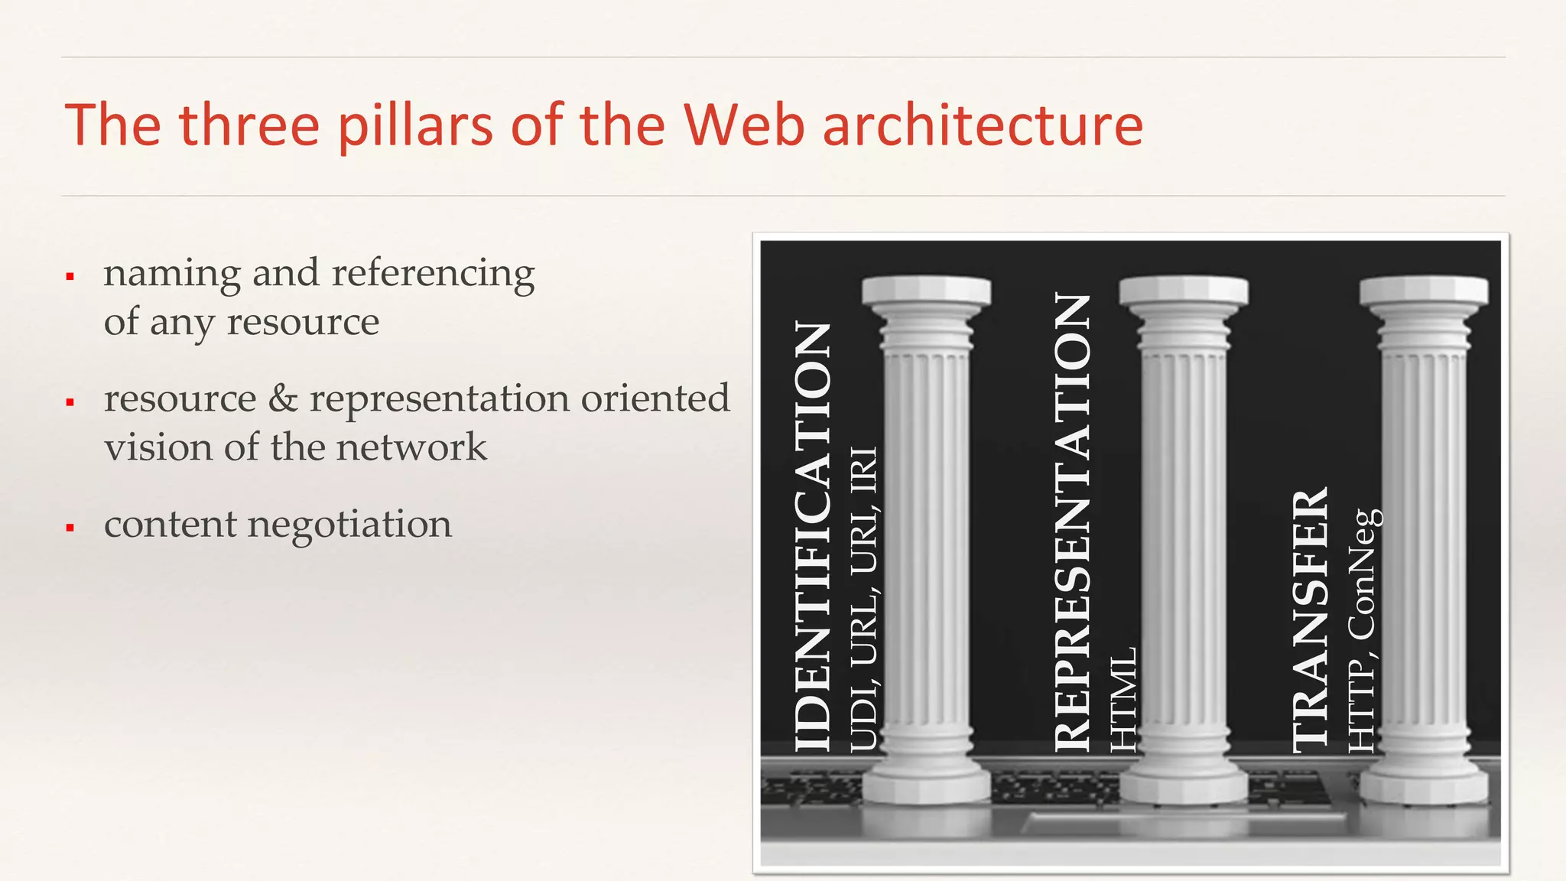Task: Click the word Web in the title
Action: [744, 125]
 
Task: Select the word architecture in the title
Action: [983, 125]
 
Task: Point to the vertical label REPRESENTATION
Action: [1072, 522]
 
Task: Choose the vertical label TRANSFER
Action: [1311, 620]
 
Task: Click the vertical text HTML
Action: [1123, 700]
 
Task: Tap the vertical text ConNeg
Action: [1363, 574]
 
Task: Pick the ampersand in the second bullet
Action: [283, 398]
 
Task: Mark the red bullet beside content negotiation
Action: [70, 527]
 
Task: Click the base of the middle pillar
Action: [1184, 784]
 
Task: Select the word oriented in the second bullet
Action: [655, 398]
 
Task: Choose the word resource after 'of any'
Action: [303, 322]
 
